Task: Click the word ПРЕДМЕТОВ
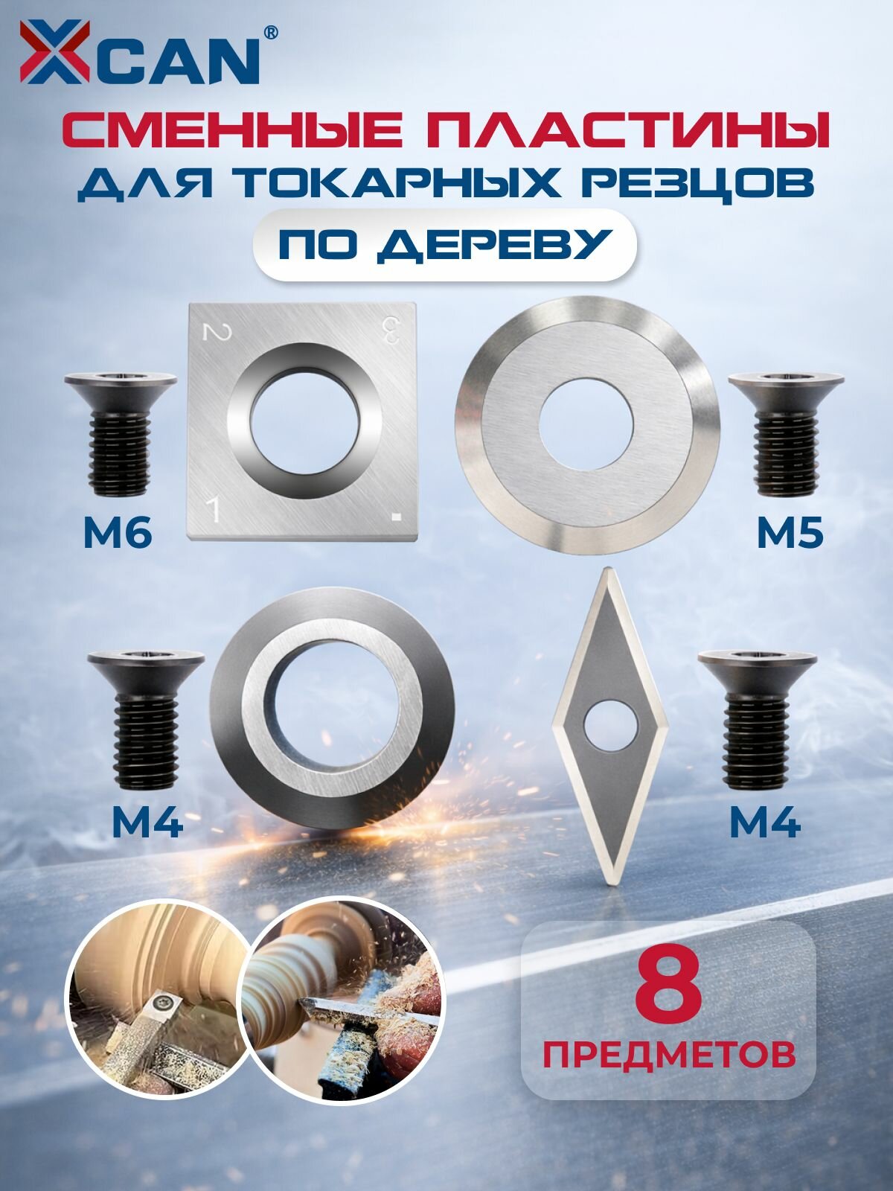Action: (668, 1055)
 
